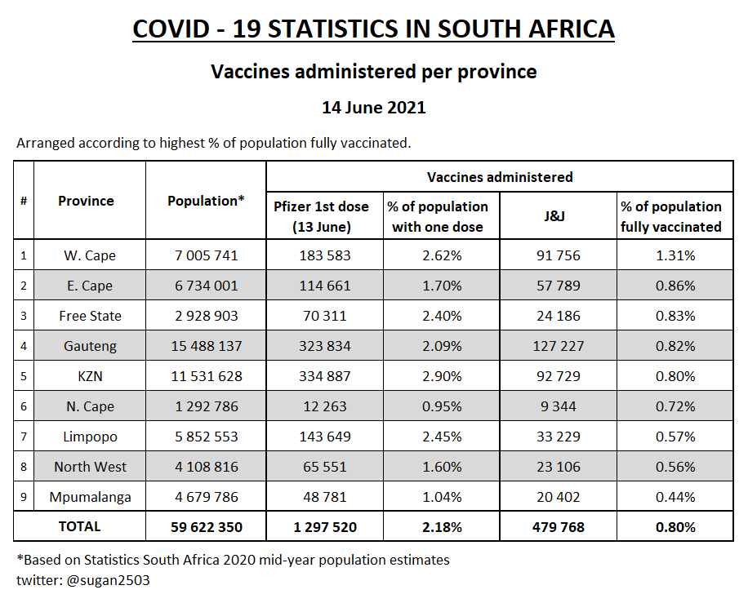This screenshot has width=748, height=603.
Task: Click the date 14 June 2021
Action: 373,108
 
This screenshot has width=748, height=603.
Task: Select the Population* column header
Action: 206,201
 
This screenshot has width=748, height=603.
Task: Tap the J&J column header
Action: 559,216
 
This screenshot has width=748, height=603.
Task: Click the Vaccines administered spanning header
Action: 500,177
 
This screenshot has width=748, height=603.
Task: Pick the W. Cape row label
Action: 90,255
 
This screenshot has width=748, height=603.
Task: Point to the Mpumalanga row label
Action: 90,497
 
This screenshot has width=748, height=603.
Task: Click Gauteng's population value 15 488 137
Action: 206,346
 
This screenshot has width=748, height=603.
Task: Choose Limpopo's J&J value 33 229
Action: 559,437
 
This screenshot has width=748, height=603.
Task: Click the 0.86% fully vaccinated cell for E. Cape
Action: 675,286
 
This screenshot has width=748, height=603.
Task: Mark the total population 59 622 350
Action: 206,527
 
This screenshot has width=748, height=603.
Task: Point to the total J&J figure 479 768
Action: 559,527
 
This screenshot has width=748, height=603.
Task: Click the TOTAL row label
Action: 80,527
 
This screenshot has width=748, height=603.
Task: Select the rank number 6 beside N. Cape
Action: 24,406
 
